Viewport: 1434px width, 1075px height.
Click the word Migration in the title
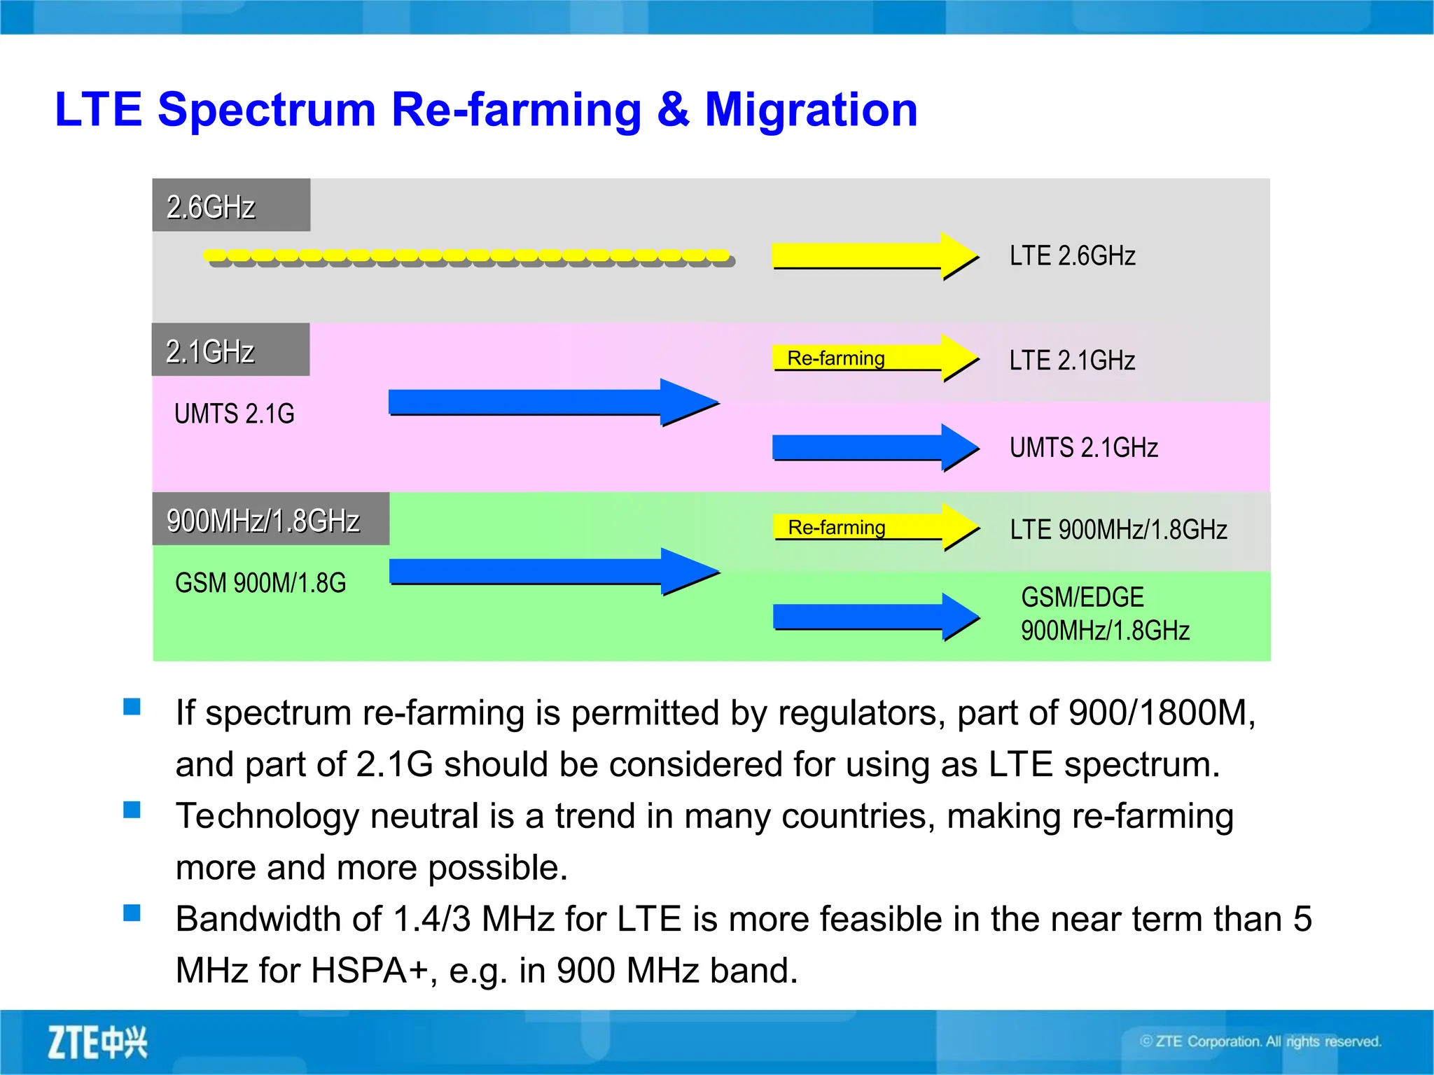click(810, 110)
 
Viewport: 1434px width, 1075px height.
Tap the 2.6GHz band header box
click(231, 205)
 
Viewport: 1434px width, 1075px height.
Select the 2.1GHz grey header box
click(230, 350)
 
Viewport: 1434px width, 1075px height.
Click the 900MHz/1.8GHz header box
click(270, 519)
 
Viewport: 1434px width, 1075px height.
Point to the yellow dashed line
click(468, 258)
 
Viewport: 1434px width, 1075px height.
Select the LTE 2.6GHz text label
click(1071, 256)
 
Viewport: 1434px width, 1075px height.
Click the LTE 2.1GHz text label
click(1071, 360)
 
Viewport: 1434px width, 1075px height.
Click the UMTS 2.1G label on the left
click(234, 414)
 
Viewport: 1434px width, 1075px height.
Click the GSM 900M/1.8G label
click(260, 583)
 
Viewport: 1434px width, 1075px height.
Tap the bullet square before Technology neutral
click(132, 810)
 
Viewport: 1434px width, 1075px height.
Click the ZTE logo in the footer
click(97, 1042)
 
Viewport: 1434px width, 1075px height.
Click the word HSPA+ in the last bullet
click(369, 971)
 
